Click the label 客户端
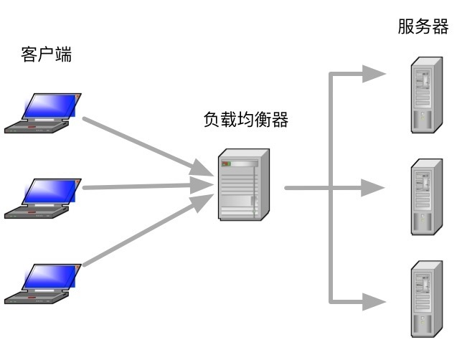tap(47, 55)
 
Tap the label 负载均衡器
tap(246, 120)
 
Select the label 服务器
tap(423, 27)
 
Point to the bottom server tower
tap(426, 298)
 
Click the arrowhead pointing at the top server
tap(374, 73)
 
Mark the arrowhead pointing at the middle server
tap(374, 188)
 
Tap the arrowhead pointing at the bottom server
tap(374, 302)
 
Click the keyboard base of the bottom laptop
tap(36, 295)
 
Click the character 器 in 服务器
tap(440, 27)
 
